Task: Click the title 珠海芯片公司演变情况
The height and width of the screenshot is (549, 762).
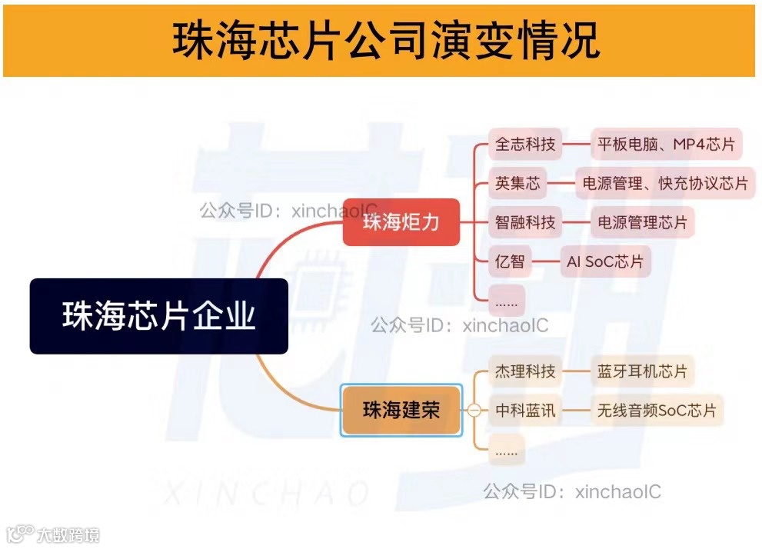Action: point(382,40)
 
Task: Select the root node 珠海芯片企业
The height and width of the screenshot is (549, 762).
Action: point(159,316)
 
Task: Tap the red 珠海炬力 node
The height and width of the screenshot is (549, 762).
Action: point(401,223)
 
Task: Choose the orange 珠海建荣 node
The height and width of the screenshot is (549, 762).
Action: point(401,411)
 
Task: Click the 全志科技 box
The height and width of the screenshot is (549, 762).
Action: point(525,144)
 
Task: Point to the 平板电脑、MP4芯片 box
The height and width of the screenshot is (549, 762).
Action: point(666,144)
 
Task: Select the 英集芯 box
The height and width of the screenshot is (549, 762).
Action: point(518,183)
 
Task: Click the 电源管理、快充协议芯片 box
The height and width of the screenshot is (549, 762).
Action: point(665,183)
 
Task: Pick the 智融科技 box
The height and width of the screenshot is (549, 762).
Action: point(525,222)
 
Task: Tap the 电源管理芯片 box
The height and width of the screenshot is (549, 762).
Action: point(642,222)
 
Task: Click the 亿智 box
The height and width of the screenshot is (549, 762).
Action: point(510,261)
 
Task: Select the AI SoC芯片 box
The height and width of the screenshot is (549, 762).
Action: point(604,261)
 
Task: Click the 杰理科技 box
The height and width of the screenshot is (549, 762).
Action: point(525,371)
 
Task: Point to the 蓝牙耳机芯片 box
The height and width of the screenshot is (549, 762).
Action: point(642,371)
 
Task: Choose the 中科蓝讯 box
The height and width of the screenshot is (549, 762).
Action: point(525,411)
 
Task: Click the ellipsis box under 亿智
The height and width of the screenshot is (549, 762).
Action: point(507,300)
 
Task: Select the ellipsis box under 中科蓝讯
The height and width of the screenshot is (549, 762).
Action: point(507,450)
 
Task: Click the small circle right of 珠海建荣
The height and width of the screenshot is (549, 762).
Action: point(474,411)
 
